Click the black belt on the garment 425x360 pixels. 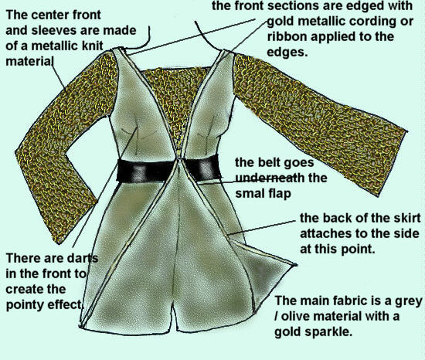point(168,170)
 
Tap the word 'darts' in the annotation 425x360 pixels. point(83,258)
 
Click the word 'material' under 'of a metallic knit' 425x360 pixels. point(29,61)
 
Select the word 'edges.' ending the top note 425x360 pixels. point(287,52)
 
